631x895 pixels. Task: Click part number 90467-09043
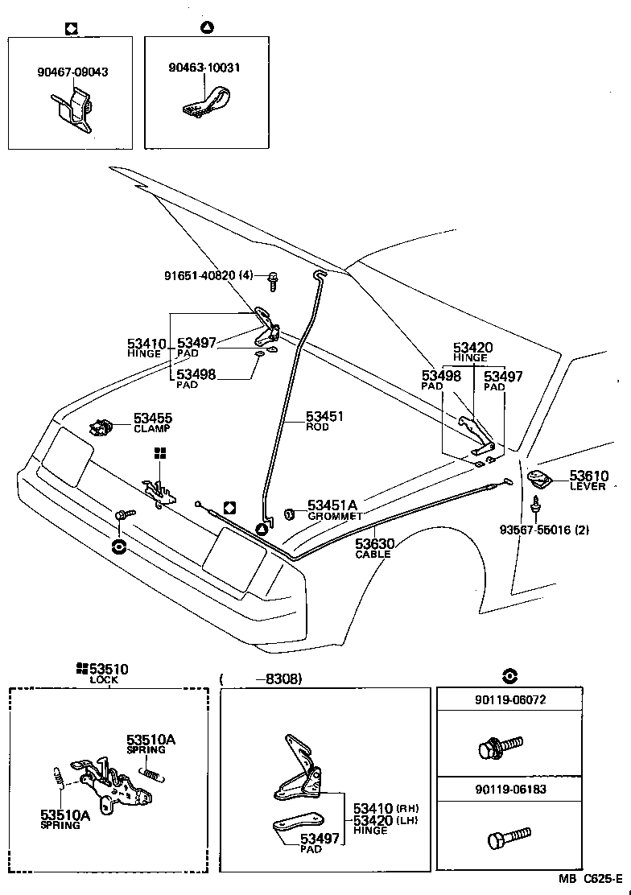tap(72, 72)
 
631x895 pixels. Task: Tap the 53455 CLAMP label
tap(152, 423)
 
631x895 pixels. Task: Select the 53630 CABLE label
tap(373, 548)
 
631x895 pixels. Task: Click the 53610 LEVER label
tap(588, 480)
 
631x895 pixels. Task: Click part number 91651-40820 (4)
tap(208, 276)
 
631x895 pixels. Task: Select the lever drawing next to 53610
tap(540, 480)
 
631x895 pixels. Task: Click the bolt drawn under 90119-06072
tap(499, 747)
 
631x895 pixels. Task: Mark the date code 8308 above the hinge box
tap(278, 678)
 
